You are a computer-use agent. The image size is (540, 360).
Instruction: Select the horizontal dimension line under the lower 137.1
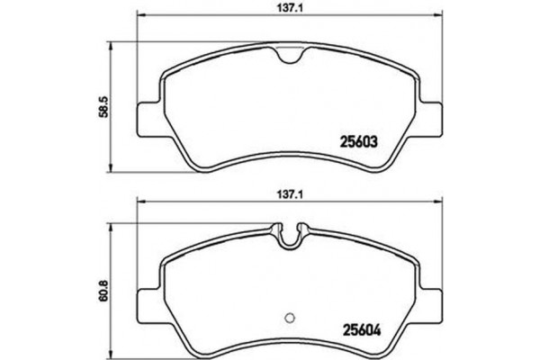[225, 200]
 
